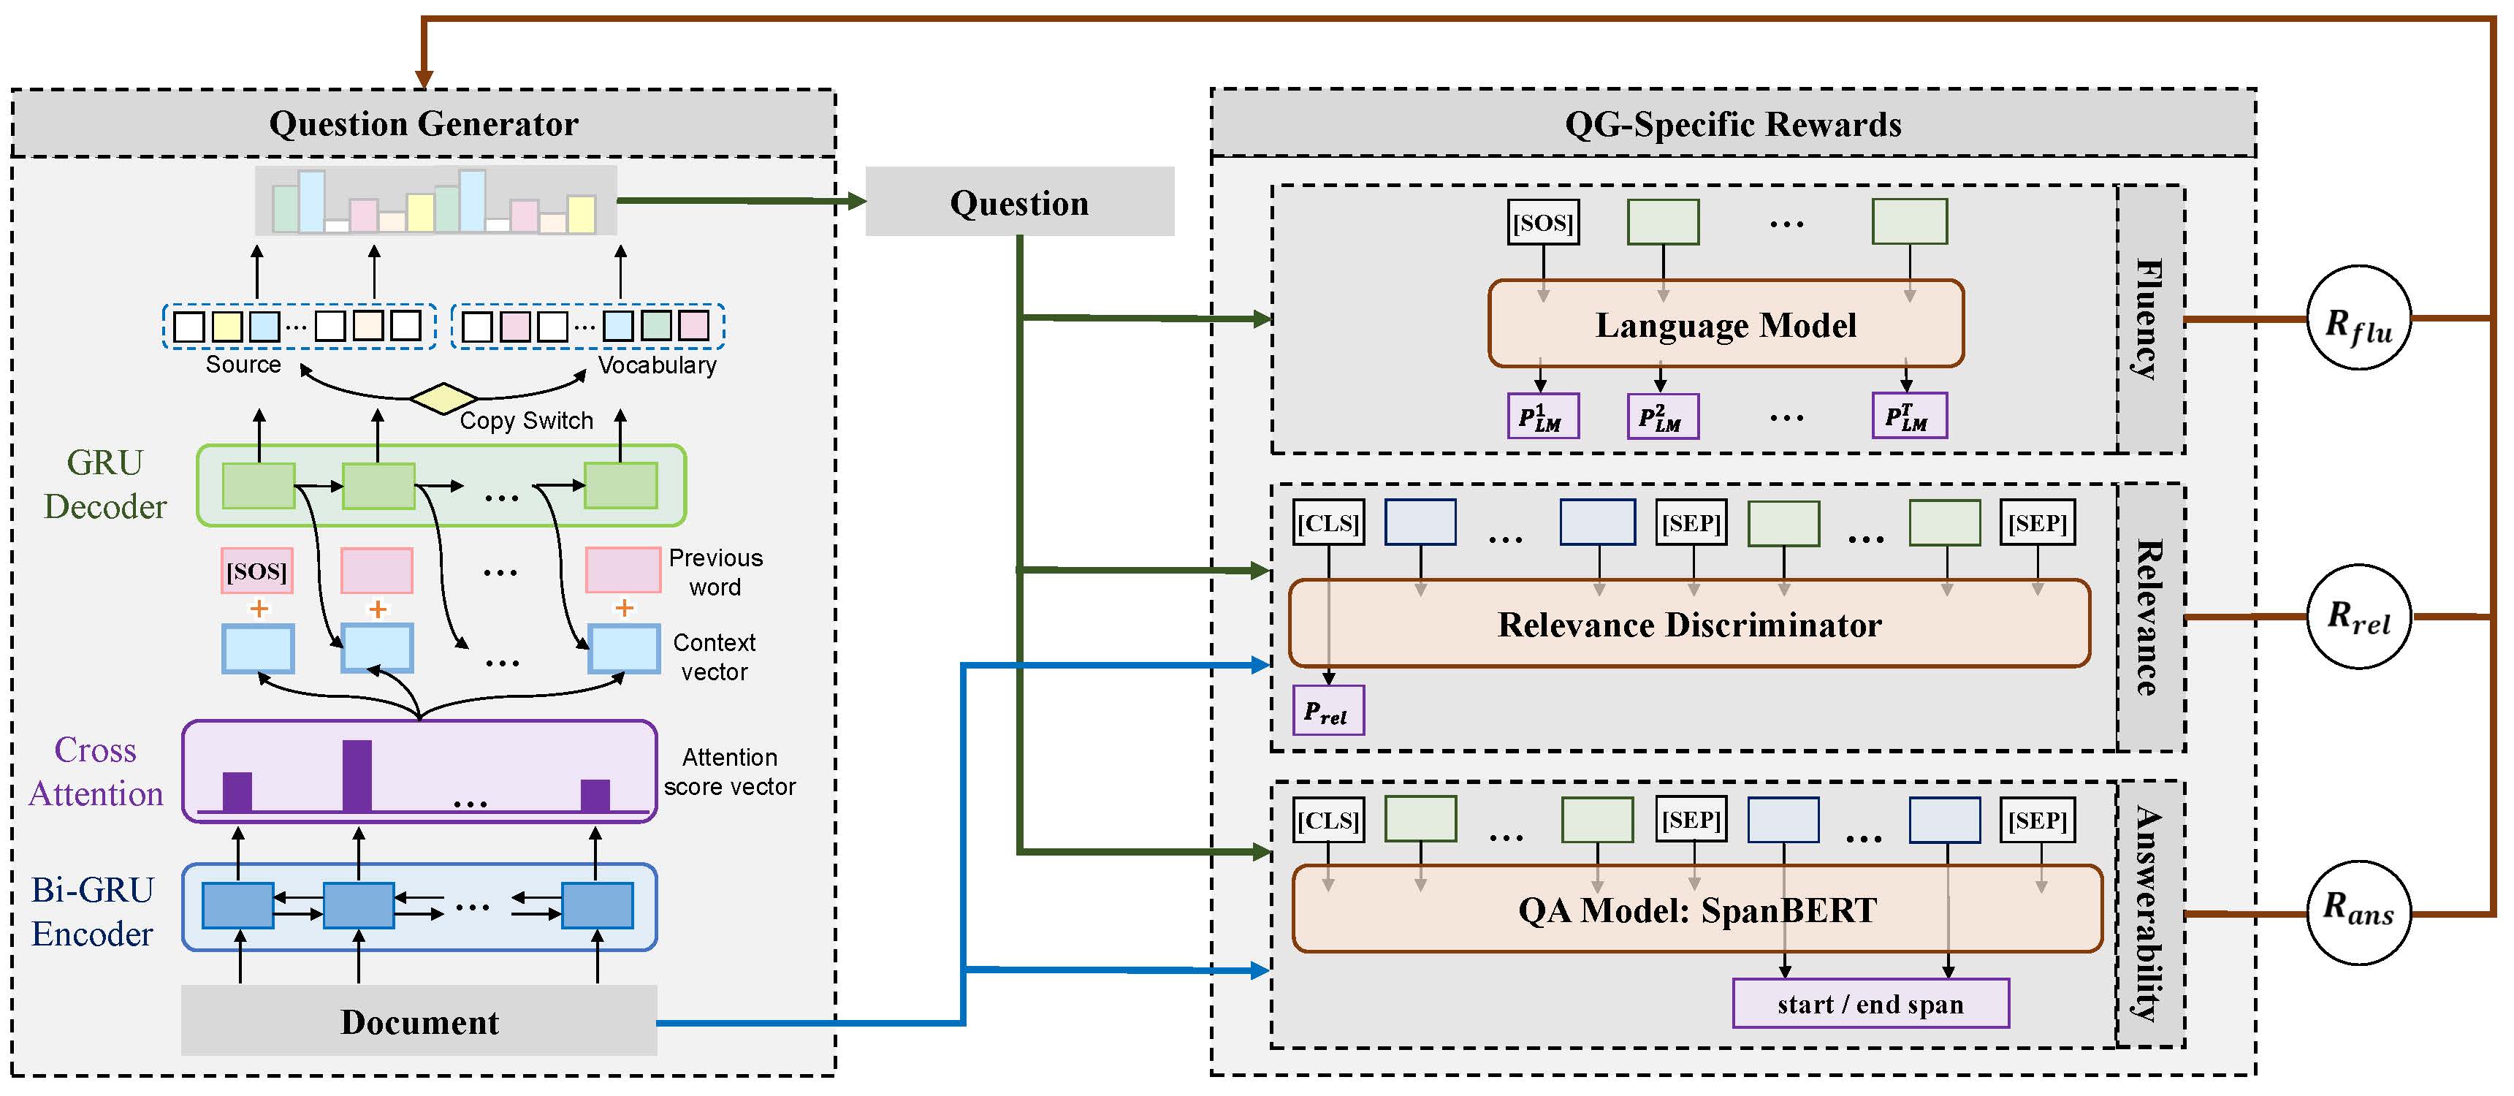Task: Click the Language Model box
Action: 1726,324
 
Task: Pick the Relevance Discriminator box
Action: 1689,625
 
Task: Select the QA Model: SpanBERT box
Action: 1697,910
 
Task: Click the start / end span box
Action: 1870,1004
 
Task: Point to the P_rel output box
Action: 1328,710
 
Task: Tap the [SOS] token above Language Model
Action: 1543,223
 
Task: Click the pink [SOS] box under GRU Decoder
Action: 256,571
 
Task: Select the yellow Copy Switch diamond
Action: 443,398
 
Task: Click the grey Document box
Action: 419,1021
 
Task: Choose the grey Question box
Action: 1019,202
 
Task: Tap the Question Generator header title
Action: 424,124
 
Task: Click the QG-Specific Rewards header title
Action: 1732,124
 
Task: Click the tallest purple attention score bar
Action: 357,775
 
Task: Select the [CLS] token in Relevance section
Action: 1328,523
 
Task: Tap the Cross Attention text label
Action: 96,771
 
